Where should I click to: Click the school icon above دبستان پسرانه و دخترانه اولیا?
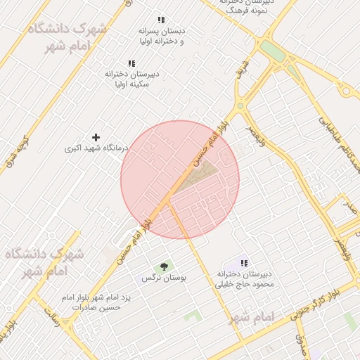click(161, 20)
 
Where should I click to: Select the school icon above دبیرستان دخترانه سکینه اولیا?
click(131, 63)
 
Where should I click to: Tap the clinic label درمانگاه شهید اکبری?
click(96, 148)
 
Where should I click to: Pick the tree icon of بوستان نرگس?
click(164, 266)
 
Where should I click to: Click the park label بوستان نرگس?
click(164, 278)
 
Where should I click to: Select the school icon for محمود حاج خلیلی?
click(245, 262)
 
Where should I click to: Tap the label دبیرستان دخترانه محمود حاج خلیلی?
click(245, 279)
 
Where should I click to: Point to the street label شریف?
click(241, 72)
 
